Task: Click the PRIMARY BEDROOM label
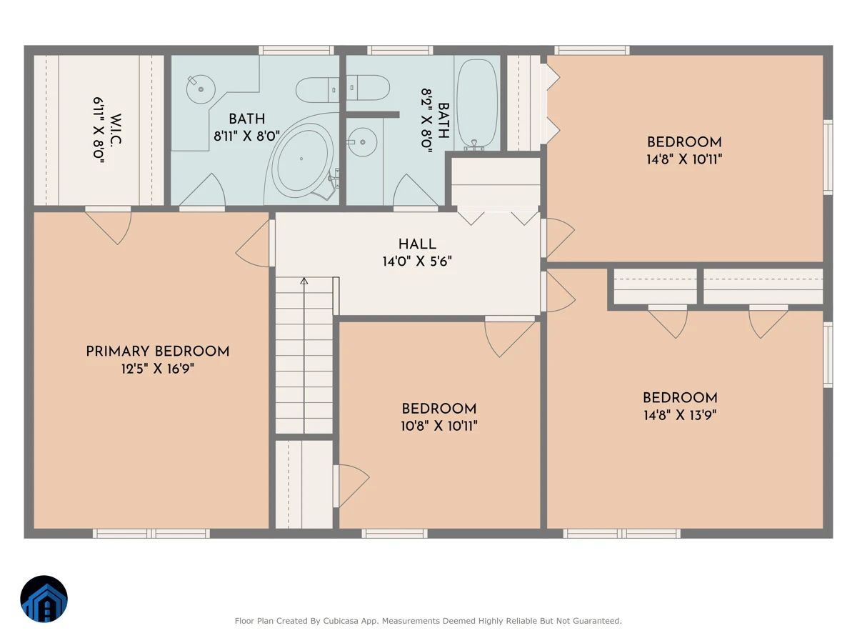(x=157, y=352)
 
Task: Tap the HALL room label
(x=417, y=244)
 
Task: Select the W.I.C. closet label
(x=116, y=129)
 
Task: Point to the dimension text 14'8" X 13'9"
(x=680, y=415)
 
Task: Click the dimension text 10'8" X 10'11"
(x=438, y=426)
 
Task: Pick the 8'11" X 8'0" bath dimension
(x=247, y=136)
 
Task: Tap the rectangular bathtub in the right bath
(x=477, y=104)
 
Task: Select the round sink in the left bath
(x=201, y=89)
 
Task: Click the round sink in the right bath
(x=362, y=142)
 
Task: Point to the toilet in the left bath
(x=317, y=90)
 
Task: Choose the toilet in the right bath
(x=368, y=88)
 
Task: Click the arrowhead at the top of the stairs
(x=304, y=281)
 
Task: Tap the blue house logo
(x=44, y=599)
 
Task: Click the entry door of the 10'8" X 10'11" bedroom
(x=509, y=336)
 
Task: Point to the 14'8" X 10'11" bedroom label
(x=684, y=151)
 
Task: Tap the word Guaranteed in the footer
(x=601, y=621)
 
